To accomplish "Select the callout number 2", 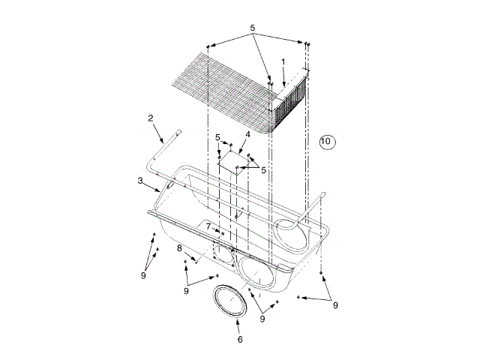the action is tap(151, 118).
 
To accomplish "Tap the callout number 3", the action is tap(140, 180).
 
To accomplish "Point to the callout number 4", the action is tap(247, 135).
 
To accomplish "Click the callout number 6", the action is tap(240, 340).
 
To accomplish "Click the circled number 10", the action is tap(326, 140).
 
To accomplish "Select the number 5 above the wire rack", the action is tap(253, 28).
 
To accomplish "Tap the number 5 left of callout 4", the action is tap(217, 137).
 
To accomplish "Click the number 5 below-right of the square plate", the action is tap(263, 170).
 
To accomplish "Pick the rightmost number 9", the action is tap(336, 305).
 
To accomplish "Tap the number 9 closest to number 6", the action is tap(262, 319).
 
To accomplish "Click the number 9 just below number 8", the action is tap(186, 291).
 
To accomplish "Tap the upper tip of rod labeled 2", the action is tap(180, 132).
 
